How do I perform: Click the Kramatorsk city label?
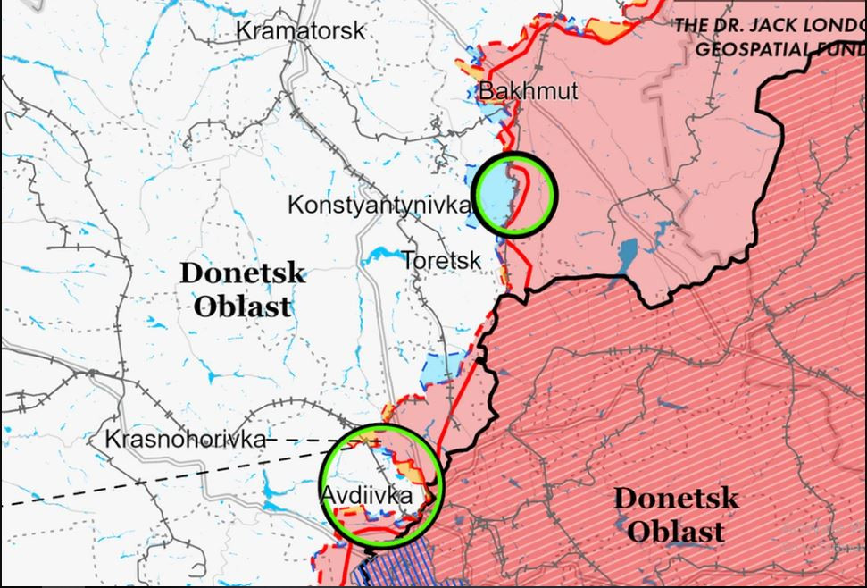300,30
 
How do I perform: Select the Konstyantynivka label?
379,206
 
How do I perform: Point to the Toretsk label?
441,261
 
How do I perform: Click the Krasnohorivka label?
185,440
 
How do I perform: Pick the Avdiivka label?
366,495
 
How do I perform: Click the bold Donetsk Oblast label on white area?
242,290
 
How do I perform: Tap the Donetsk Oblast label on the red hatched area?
676,515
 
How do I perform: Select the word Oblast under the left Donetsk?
242,307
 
